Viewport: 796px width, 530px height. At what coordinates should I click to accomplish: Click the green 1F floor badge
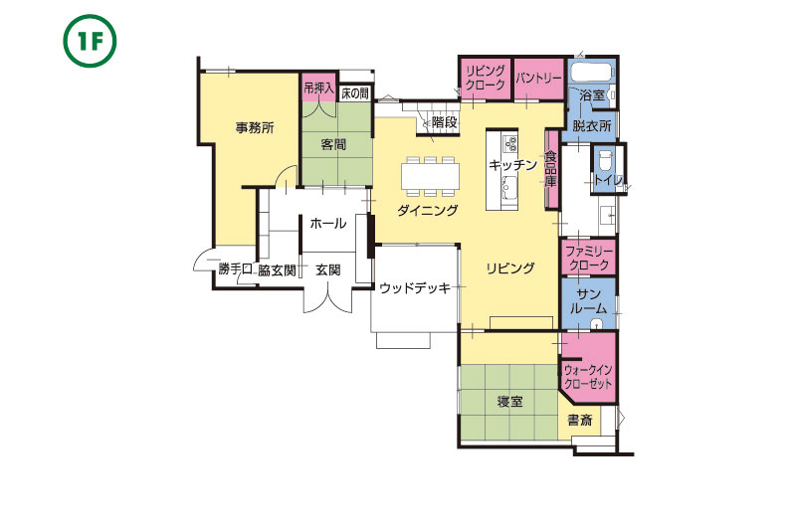point(90,41)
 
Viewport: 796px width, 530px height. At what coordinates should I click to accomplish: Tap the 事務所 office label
point(255,128)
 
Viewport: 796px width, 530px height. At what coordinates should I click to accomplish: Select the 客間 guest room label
point(333,144)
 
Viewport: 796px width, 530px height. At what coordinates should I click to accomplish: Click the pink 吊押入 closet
point(318,88)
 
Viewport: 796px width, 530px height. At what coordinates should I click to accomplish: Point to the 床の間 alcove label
point(355,93)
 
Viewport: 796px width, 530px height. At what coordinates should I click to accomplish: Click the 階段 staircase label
point(444,122)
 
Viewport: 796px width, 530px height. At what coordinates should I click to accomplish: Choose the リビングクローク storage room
point(486,79)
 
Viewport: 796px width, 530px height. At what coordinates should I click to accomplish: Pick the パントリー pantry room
point(539,79)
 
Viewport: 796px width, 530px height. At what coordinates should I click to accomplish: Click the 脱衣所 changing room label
point(591,125)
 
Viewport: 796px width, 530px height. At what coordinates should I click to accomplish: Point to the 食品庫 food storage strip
point(551,169)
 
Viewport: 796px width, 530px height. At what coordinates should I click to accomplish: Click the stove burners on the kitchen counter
point(509,143)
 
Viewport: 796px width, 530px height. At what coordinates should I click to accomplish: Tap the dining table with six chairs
point(431,176)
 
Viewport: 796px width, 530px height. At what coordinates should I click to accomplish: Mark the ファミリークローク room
point(588,258)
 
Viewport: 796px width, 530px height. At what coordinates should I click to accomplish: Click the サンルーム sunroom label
point(589,301)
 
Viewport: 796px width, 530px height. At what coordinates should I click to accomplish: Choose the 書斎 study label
point(580,420)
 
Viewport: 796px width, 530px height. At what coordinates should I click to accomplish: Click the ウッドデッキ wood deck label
point(415,288)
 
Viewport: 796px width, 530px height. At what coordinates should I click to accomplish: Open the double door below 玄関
point(328,300)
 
